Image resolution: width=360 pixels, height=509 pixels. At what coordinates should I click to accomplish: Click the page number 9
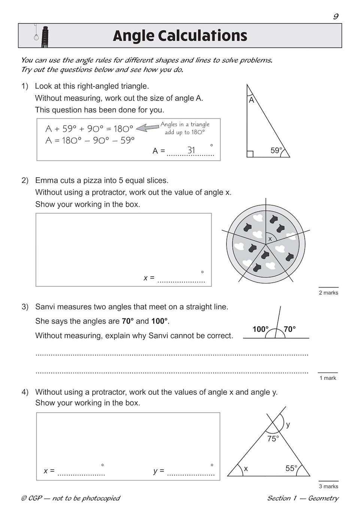(x=336, y=16)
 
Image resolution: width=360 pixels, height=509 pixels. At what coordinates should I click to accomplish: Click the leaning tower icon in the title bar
(x=45, y=36)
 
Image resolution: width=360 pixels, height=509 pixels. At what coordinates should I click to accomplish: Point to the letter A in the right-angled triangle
(x=251, y=100)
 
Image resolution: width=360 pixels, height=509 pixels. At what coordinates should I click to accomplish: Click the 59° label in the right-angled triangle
(x=276, y=150)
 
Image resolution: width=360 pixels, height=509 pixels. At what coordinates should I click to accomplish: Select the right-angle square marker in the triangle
(x=250, y=154)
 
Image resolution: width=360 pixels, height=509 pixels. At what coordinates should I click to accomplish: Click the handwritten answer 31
(x=191, y=150)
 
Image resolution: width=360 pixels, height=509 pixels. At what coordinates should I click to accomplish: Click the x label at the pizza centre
(x=270, y=239)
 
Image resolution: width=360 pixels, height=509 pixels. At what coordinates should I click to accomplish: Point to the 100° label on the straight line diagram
(x=260, y=329)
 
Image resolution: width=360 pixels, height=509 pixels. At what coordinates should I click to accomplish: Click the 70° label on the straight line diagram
(x=290, y=329)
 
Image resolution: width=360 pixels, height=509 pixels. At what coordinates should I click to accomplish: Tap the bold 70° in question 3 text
(x=128, y=321)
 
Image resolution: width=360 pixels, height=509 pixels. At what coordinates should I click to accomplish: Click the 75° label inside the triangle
(x=273, y=439)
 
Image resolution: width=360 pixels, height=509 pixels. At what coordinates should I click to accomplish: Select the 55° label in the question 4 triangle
(x=291, y=468)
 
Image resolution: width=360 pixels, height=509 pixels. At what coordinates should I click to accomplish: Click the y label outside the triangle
(x=288, y=424)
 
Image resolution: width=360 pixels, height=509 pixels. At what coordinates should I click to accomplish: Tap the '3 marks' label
(x=329, y=487)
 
